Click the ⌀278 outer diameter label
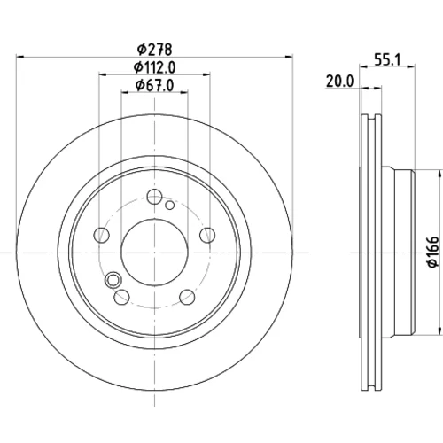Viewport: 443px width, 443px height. (154, 50)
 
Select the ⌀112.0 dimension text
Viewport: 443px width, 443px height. (154, 67)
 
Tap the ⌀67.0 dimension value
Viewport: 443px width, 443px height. (154, 85)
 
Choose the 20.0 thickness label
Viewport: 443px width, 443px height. (339, 81)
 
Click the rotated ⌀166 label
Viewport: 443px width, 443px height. (433, 252)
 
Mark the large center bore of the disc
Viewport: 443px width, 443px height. (154, 253)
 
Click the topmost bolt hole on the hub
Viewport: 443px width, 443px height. (154, 197)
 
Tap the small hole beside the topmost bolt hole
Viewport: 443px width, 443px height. (169, 205)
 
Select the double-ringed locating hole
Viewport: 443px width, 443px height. (113, 280)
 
